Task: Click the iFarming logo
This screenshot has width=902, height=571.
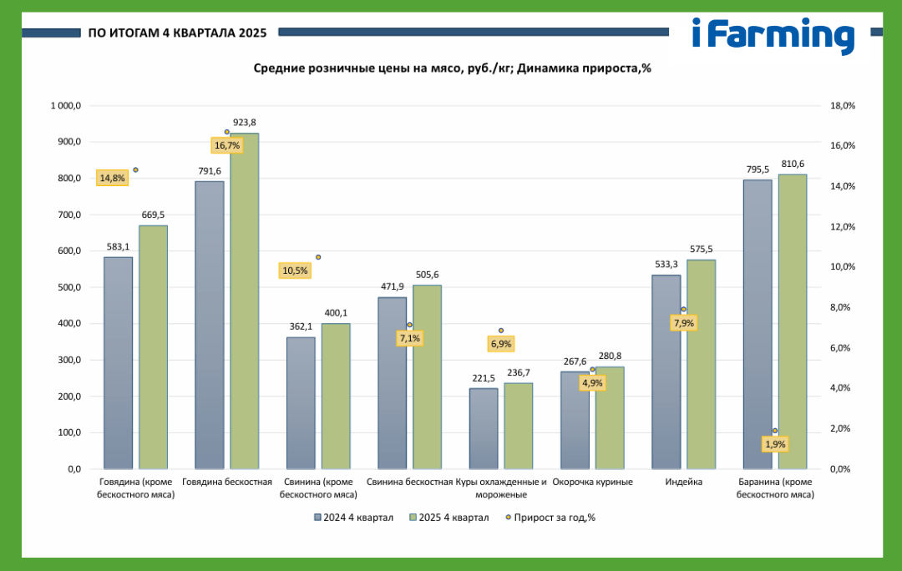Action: (773, 36)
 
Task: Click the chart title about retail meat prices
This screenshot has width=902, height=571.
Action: (452, 68)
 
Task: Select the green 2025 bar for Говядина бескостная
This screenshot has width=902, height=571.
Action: (245, 301)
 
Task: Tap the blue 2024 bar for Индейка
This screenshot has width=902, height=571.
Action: (666, 371)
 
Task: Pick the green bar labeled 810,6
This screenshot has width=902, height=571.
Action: (793, 321)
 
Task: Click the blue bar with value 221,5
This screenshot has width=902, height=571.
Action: (484, 428)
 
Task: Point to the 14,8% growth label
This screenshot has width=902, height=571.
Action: (112, 179)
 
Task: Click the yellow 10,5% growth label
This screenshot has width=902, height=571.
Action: (295, 270)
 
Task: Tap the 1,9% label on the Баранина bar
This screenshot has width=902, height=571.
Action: (775, 444)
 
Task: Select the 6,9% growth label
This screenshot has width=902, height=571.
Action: (501, 344)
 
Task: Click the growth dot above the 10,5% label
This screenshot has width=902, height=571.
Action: (318, 257)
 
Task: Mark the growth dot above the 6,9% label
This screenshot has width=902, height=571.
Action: (501, 331)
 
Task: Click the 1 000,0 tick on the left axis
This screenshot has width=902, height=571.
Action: (66, 106)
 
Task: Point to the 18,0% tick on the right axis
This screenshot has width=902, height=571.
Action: (842, 106)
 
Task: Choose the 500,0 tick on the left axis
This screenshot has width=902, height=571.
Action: (69, 287)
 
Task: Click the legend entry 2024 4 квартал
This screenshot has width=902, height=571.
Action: (354, 518)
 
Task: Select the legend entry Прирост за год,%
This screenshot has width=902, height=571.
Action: (550, 518)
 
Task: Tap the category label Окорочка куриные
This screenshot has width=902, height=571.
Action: (592, 482)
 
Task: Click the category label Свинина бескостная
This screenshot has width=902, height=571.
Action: (409, 482)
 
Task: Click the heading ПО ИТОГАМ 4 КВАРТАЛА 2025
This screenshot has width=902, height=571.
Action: (177, 33)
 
